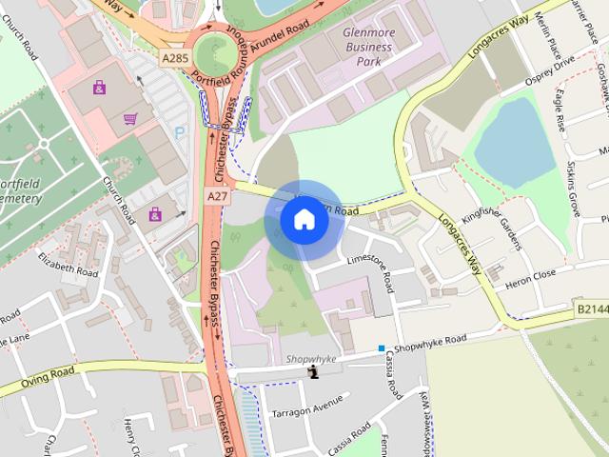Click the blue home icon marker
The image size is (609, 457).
(304, 220)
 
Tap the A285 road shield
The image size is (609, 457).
(174, 59)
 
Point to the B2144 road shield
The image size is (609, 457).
(591, 310)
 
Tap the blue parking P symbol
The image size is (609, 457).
(181, 132)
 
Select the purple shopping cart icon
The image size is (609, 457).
(130, 119)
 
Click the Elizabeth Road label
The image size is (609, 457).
(68, 265)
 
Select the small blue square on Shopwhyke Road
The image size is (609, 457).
(381, 348)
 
